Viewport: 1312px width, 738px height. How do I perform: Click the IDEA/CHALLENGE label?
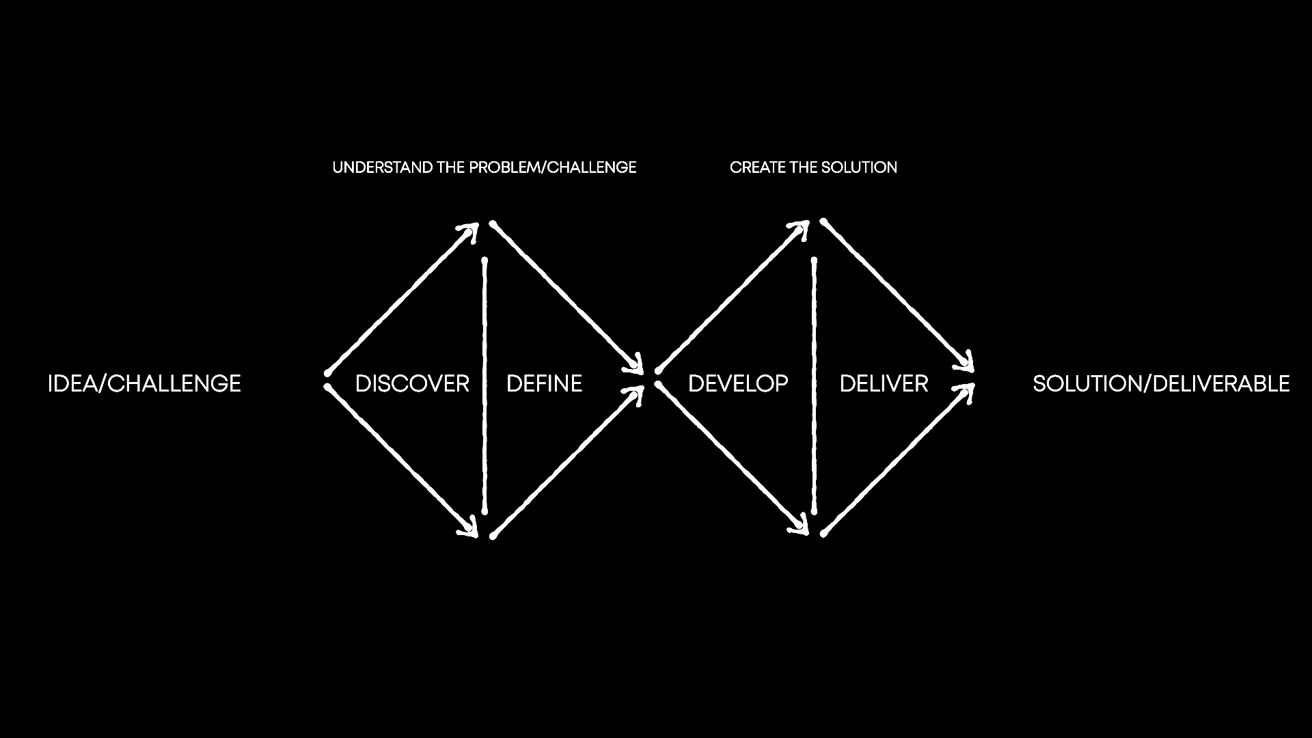pos(144,383)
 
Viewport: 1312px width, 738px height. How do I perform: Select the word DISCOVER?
pos(412,383)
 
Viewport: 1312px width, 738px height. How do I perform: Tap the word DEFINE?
pos(544,383)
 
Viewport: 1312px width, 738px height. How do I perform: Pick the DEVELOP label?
pos(738,383)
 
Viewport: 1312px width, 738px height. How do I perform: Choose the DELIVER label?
pos(884,383)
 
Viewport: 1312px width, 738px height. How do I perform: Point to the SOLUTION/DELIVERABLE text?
pos(1161,383)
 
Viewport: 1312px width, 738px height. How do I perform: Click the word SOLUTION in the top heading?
pos(859,167)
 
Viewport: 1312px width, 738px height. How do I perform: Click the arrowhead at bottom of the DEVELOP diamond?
pos(802,528)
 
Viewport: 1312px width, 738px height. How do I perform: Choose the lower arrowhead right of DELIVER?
pos(967,392)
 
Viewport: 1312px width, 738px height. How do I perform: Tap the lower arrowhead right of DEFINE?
pos(637,394)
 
